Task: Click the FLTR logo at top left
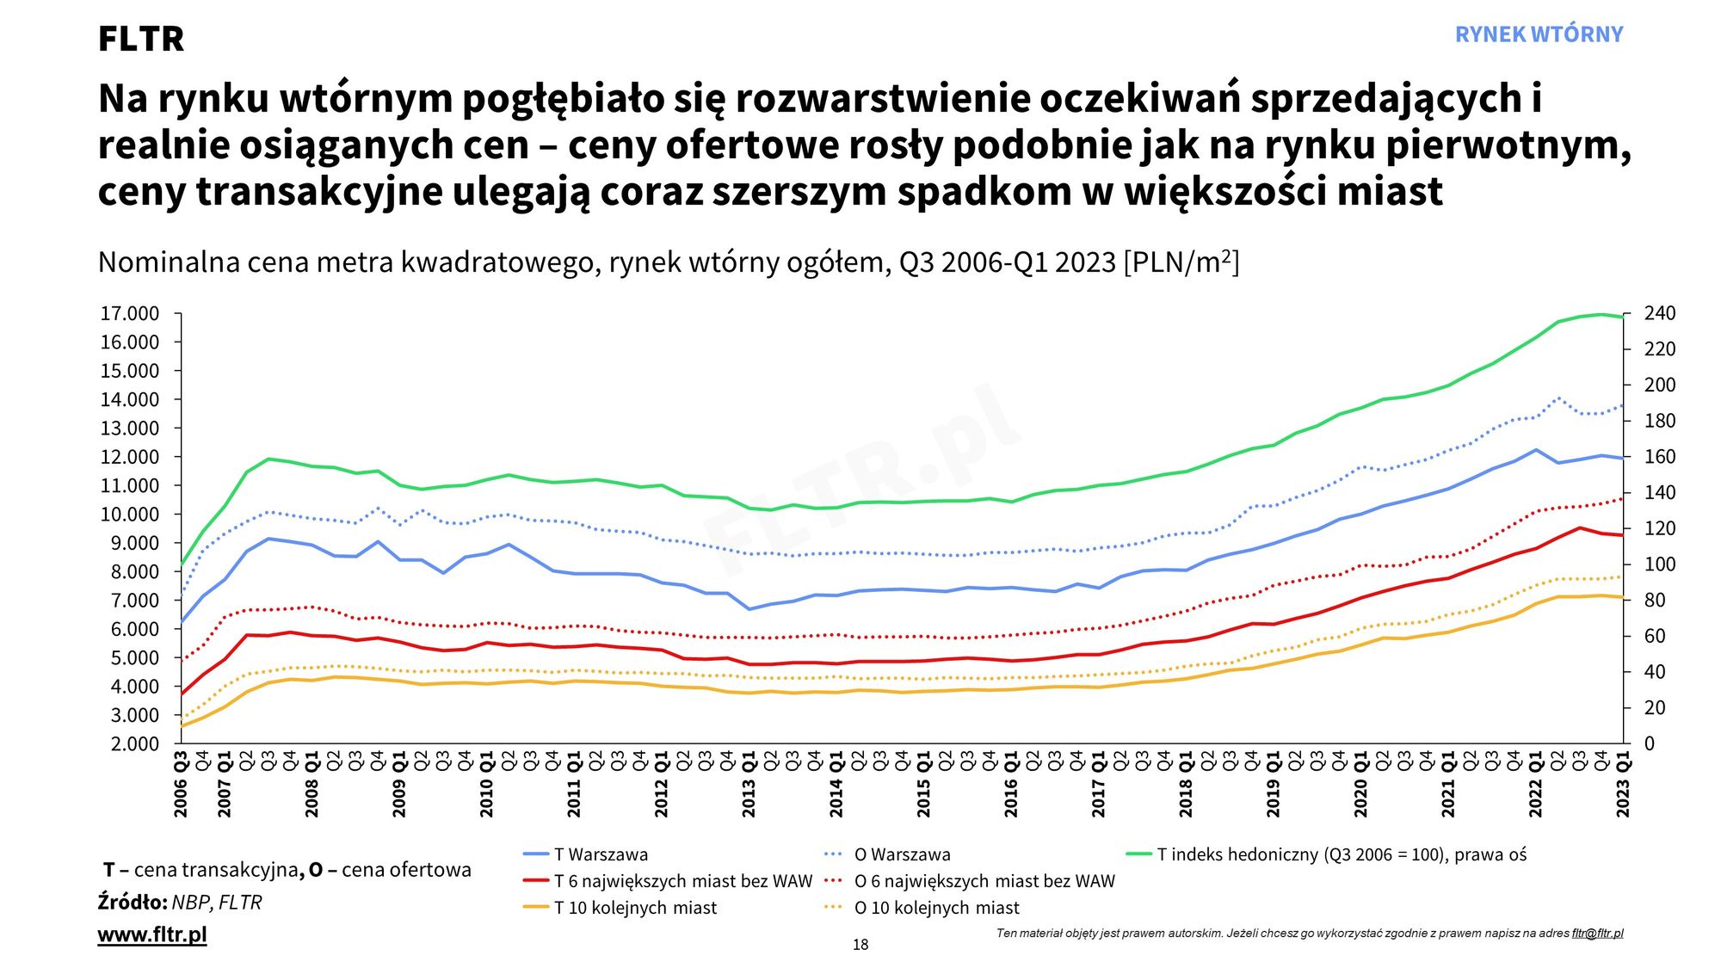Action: [x=140, y=39]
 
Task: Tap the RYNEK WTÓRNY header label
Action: [x=1539, y=34]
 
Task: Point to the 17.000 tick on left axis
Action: [x=130, y=314]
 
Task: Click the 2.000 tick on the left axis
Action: [x=134, y=744]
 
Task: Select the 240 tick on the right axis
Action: [x=1660, y=314]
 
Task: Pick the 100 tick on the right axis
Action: [x=1660, y=564]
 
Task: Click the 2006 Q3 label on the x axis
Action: [x=181, y=785]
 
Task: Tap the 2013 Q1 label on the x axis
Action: [x=749, y=785]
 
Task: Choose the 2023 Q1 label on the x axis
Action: [x=1623, y=785]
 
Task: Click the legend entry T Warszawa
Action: [x=601, y=854]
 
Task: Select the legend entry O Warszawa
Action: [x=902, y=854]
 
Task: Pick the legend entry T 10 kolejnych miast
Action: [x=635, y=908]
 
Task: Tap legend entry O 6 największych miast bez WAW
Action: [x=984, y=881]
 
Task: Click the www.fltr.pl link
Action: [x=152, y=934]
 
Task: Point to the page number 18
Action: [x=860, y=945]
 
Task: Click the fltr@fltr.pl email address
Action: [x=1597, y=934]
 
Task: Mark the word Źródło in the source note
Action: [x=132, y=903]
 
